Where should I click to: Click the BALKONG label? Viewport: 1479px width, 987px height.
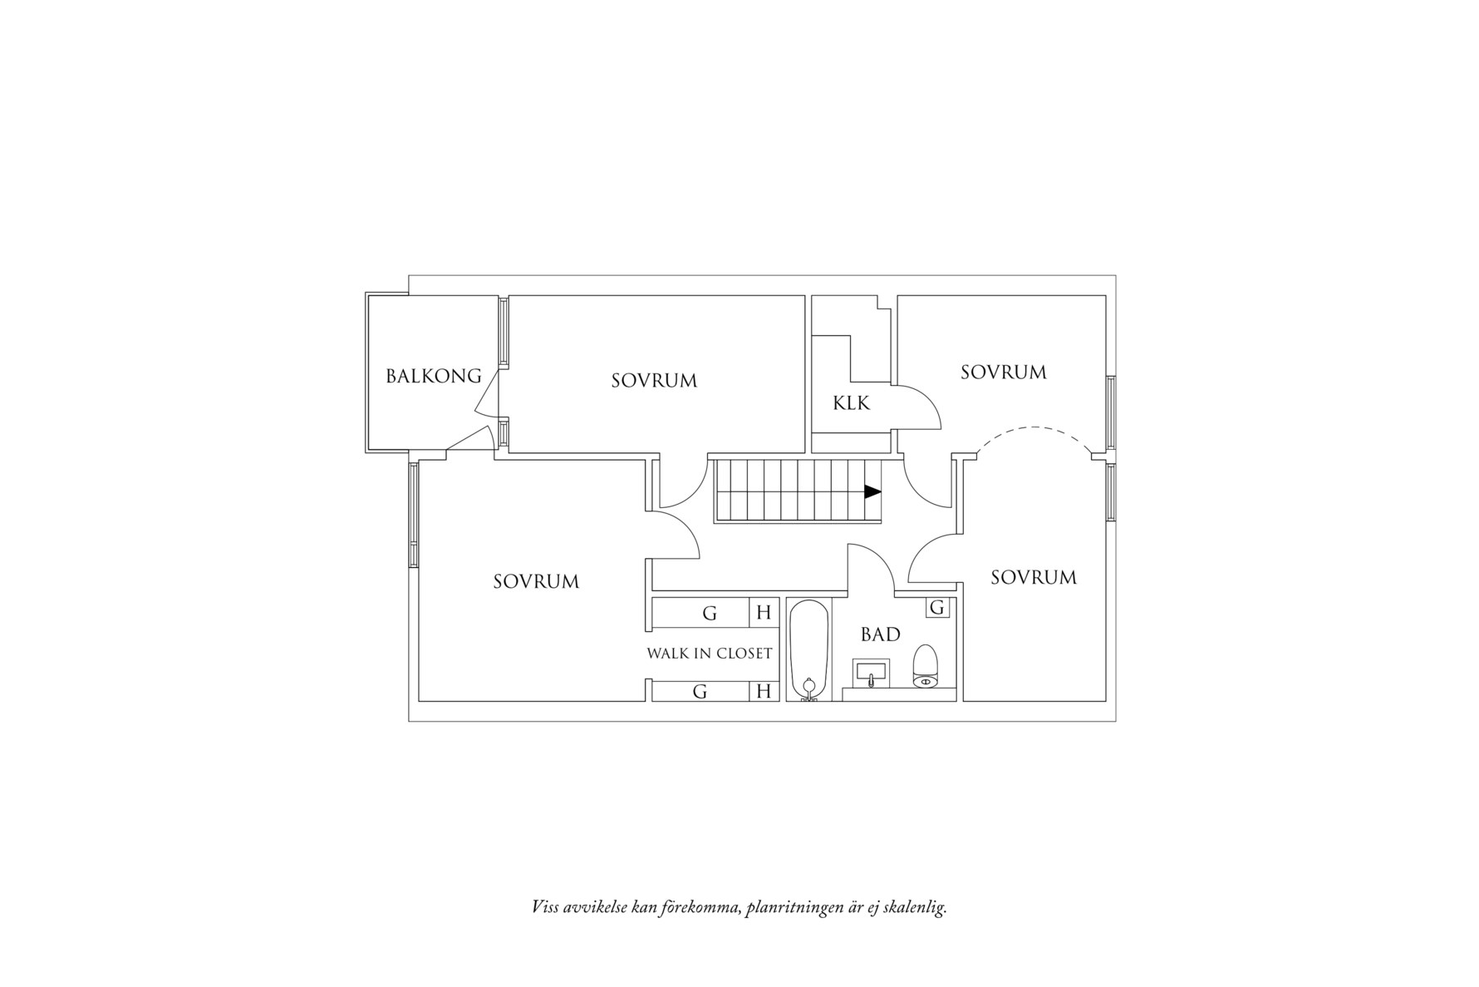433,376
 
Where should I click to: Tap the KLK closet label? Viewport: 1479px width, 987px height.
851,403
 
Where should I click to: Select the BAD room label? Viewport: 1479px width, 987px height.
880,634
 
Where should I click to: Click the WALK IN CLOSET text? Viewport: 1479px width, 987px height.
710,654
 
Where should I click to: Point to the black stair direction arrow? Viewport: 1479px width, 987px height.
872,491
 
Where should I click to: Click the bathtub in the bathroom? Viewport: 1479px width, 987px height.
808,649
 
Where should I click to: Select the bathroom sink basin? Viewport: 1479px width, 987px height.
871,670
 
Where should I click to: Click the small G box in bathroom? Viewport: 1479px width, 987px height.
937,608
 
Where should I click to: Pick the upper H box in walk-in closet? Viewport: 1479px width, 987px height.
764,613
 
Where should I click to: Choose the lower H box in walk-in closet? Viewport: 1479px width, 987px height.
764,691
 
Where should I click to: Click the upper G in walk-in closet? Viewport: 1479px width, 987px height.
710,614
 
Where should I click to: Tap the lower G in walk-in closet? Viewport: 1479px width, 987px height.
700,691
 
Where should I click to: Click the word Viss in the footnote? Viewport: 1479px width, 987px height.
545,907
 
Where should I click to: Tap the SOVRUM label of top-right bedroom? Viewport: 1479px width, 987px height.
1003,372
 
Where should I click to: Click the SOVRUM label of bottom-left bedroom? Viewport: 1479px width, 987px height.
536,581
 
